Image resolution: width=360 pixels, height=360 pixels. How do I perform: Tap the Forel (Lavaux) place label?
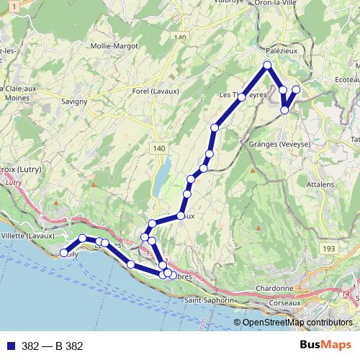pos(155,91)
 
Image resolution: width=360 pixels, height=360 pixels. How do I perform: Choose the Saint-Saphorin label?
pos(209,300)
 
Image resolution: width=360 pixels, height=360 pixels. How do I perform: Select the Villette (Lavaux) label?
pos(27,235)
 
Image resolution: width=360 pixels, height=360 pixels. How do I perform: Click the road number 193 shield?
pos(330,248)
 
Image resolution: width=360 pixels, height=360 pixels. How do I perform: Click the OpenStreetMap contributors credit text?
pos(297,323)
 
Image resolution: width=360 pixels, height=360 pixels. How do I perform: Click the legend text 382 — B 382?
pos(53,346)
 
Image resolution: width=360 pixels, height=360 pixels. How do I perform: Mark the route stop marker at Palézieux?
pos(267,66)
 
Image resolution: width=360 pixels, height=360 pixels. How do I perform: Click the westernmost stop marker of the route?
pos(64,253)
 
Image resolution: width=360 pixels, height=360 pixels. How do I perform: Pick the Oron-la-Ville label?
pos(274,4)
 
